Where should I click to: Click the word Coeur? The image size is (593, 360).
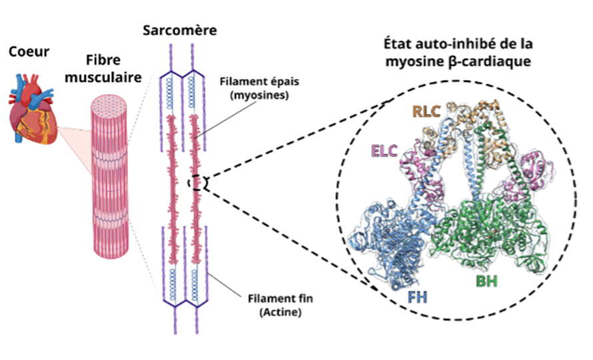pos(26,51)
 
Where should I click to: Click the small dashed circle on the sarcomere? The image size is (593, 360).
pos(200,182)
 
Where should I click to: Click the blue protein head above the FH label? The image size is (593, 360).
pos(390,240)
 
